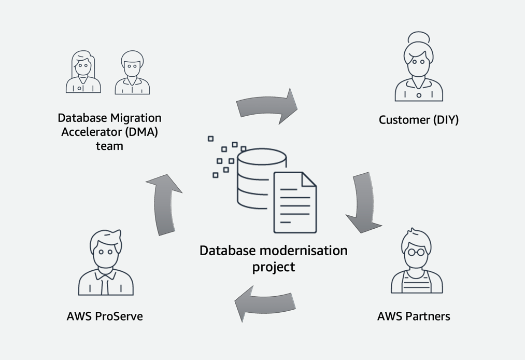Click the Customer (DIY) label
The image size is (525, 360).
[x=418, y=120]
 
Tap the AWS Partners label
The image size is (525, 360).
[x=413, y=316]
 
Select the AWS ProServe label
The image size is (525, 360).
[x=105, y=316]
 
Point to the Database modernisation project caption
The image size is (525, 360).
[x=273, y=258]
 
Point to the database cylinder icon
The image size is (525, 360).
[x=253, y=179]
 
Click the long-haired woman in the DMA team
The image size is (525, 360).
[x=83, y=72]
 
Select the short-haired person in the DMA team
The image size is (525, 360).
[x=132, y=73]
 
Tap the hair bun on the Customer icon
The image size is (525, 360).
[x=419, y=37]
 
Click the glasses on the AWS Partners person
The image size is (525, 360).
[x=417, y=253]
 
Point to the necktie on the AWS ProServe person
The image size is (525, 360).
[x=106, y=282]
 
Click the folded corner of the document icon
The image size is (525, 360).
[x=308, y=179]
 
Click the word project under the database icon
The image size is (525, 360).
[x=273, y=267]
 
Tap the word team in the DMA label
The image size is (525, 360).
[x=109, y=146]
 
